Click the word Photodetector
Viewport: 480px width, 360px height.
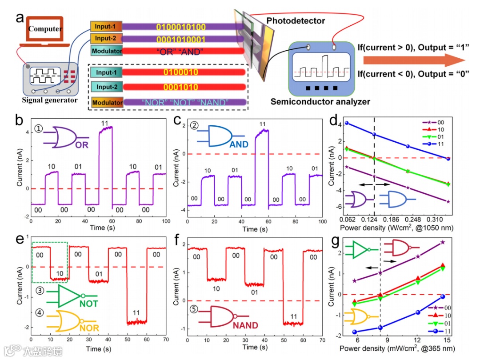296,20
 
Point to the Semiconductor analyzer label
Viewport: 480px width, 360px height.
320,102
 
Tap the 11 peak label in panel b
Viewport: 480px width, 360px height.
105,122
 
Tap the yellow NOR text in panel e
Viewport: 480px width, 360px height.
89,328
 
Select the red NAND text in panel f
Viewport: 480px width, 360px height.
245,325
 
